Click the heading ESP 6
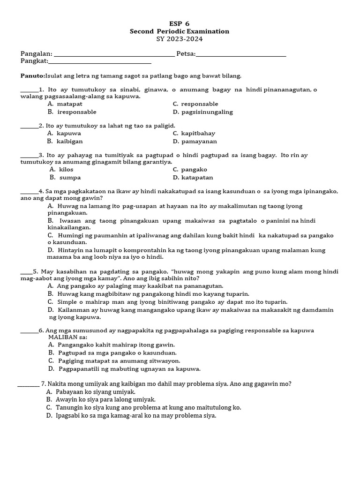pos(180,23)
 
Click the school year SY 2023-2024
pos(180,39)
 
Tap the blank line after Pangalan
pos(114,54)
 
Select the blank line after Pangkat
pos(100,61)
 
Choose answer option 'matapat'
pos(69,104)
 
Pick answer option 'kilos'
pos(66,170)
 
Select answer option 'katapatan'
pos(197,178)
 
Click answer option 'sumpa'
pos(69,178)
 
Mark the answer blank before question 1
pos(29,90)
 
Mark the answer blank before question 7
pos(28,384)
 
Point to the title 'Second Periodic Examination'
pos(180,31)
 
